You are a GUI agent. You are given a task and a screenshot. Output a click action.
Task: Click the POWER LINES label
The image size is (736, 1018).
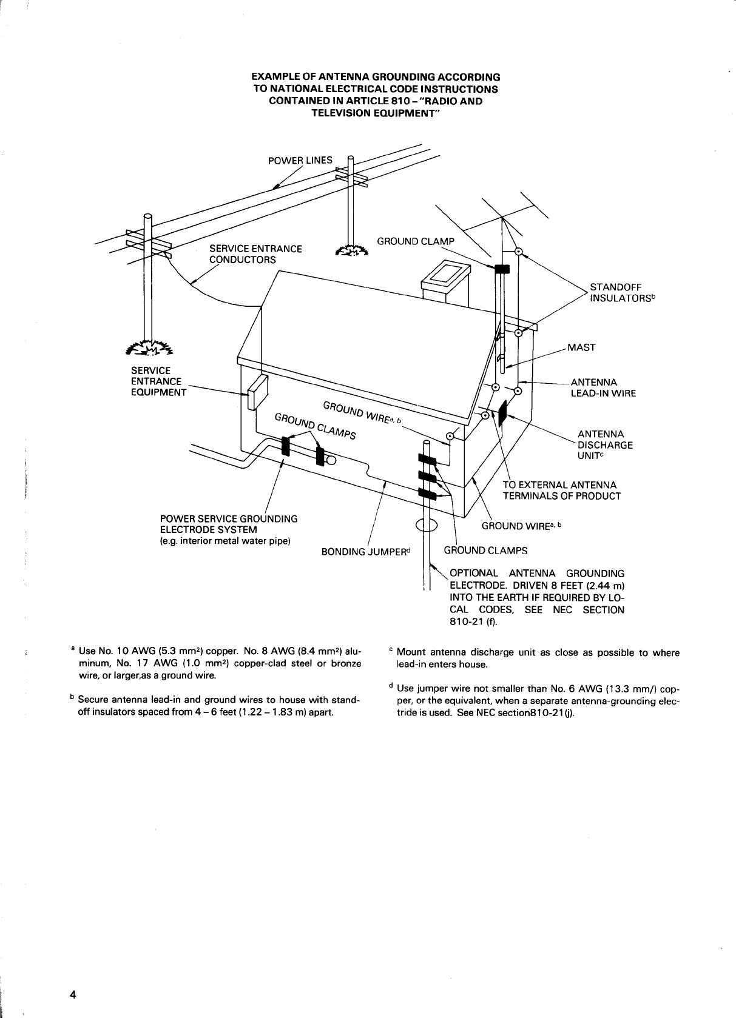300,160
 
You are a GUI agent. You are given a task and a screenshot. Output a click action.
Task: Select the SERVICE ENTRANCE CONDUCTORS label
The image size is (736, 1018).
255,254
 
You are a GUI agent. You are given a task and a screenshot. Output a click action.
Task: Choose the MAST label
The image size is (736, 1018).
581,347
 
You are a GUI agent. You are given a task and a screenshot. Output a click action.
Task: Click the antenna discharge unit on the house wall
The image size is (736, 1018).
502,413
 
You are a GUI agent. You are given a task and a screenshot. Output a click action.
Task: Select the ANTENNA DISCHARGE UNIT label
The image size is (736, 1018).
605,444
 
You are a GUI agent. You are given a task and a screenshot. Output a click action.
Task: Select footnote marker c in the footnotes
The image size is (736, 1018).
391,652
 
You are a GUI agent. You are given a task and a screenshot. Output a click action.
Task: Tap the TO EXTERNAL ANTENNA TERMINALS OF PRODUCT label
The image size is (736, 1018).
562,491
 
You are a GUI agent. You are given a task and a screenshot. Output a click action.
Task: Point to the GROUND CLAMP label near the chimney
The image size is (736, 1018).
415,241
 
